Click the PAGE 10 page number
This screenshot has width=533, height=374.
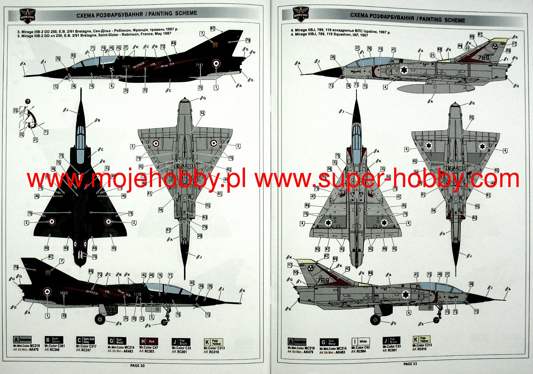coord(137,365)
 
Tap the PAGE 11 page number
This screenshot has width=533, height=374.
coord(410,364)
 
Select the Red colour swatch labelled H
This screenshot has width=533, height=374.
coord(149,341)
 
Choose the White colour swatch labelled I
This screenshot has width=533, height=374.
coord(360,341)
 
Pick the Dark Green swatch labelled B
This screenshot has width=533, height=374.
coord(54,340)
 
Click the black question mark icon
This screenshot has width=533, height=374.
coord(28,102)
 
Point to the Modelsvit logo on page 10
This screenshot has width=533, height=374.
coord(28,16)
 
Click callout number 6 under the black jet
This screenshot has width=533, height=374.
coord(112,86)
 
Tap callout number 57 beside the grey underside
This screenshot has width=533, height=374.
coord(169,230)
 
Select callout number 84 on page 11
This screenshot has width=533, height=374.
coord(307,205)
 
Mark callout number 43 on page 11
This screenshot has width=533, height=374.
coord(348,269)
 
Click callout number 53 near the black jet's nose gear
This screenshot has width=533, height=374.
coord(142,319)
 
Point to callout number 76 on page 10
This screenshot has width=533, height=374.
coord(205,227)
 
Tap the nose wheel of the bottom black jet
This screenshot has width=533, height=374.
coord(164,322)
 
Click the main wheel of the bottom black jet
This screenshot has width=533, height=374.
coord(100,319)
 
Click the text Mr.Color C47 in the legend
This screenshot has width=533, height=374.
coord(149,348)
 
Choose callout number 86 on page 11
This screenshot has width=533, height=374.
coord(385,249)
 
